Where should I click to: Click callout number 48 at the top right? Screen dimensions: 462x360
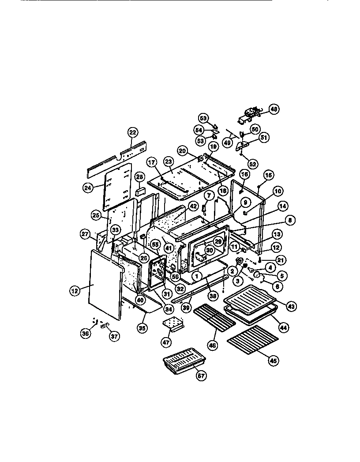click(x=274, y=109)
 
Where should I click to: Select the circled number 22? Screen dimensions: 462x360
click(x=133, y=132)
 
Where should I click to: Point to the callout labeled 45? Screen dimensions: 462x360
click(x=274, y=360)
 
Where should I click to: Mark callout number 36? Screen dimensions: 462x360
click(x=86, y=334)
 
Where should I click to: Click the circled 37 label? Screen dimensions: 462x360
click(x=114, y=336)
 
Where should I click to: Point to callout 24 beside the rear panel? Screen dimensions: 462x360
click(x=88, y=187)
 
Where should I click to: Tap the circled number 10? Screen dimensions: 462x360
click(x=277, y=191)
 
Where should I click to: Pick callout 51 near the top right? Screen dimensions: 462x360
click(x=263, y=138)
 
